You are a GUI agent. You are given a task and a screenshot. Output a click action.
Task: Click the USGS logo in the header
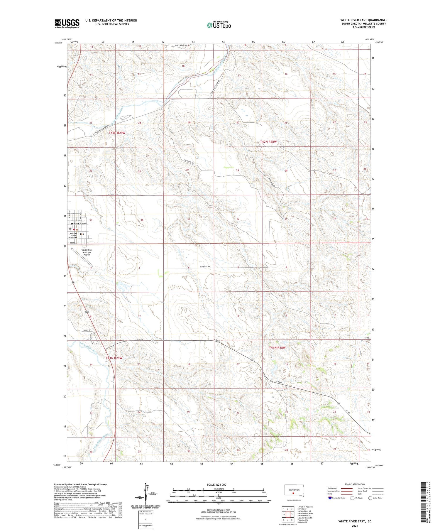click(67, 23)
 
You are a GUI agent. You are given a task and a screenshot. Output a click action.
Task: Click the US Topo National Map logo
click(219, 25)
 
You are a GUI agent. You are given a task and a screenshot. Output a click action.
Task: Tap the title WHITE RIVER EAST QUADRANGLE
click(364, 20)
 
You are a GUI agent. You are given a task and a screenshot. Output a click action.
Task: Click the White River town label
click(79, 224)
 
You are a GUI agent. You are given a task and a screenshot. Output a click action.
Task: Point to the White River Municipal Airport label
click(87, 252)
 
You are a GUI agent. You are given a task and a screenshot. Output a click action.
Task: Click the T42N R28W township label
click(268, 142)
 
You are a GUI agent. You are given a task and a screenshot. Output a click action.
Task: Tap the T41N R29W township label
click(114, 358)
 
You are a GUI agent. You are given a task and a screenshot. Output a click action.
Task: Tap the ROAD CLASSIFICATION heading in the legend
click(355, 484)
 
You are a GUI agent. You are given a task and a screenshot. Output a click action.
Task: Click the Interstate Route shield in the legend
click(330, 498)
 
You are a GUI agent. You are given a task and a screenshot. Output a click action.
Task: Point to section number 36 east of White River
click(142, 220)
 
